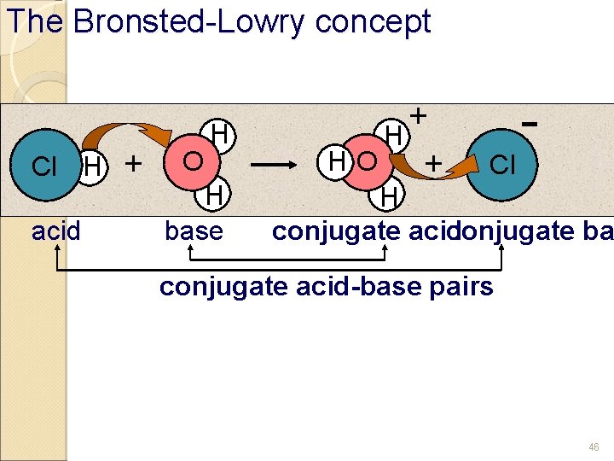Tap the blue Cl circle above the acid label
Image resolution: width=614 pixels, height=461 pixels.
click(x=44, y=165)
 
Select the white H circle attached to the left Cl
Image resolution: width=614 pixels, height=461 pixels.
click(x=91, y=165)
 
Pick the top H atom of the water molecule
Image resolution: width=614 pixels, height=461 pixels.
click(x=219, y=133)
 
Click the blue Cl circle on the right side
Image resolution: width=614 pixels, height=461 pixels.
click(x=503, y=163)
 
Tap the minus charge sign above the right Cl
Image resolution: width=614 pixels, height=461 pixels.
click(x=530, y=125)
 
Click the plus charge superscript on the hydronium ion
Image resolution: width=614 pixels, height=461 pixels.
click(x=419, y=115)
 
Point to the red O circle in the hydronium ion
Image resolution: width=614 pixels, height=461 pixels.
click(x=368, y=160)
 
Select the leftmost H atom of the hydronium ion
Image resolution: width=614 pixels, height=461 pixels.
click(x=338, y=160)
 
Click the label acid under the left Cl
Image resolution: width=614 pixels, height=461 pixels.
click(x=56, y=230)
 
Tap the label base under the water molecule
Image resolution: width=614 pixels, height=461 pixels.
click(x=194, y=230)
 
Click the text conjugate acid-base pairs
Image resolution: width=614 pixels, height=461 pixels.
click(x=326, y=286)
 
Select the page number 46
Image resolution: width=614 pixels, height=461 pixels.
click(x=594, y=446)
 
